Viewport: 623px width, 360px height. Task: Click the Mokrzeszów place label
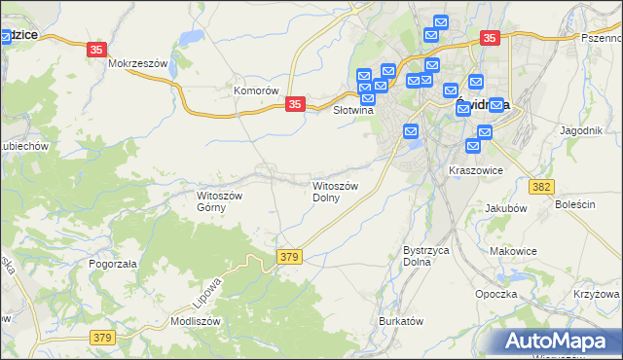(139, 63)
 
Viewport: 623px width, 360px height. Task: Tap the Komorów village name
(256, 90)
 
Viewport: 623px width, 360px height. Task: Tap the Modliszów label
(196, 321)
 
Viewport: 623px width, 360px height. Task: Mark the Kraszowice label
(475, 169)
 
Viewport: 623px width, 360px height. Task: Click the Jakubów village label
(504, 207)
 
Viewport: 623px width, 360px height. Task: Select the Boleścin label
(574, 205)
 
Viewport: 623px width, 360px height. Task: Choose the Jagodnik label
(582, 129)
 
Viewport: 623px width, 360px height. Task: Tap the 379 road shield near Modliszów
(103, 337)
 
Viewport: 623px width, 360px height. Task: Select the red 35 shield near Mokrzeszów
(96, 50)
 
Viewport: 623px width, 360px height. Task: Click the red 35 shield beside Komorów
(297, 103)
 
